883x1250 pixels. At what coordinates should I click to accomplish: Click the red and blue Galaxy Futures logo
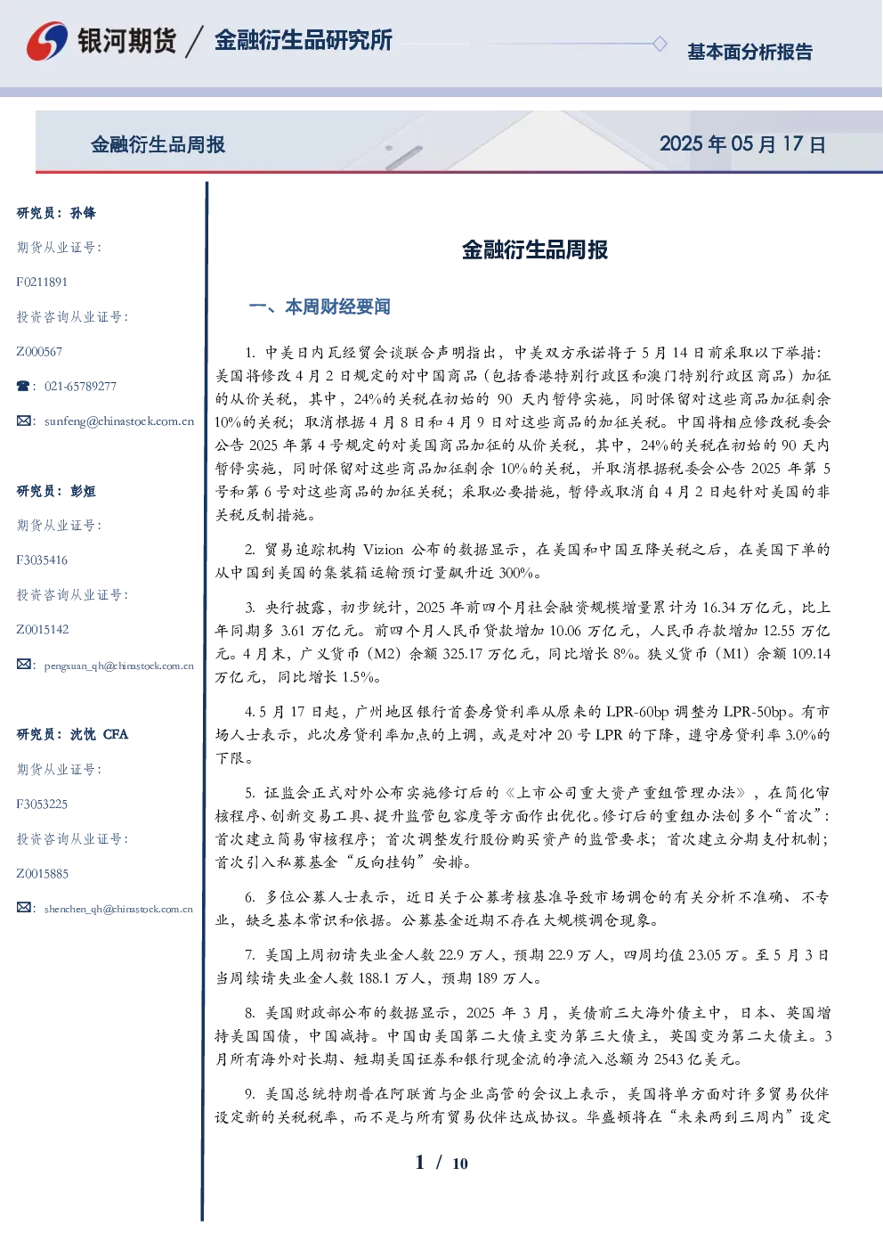click(47, 41)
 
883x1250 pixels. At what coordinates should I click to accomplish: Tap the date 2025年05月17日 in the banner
click(742, 144)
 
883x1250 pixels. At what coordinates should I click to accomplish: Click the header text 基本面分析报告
click(749, 52)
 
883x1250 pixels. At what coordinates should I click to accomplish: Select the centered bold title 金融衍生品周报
click(535, 249)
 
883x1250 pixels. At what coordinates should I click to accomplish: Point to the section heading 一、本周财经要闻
click(320, 306)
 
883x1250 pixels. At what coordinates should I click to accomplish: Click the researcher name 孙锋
click(83, 213)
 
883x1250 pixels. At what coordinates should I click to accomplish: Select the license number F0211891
click(42, 282)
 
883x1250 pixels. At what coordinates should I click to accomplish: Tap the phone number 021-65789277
click(80, 386)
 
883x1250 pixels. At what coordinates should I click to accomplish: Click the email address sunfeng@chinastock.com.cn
click(119, 421)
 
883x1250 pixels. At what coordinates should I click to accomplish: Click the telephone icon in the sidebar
click(23, 386)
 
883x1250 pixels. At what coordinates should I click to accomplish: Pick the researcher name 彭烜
click(83, 491)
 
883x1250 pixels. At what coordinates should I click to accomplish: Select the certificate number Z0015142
click(43, 630)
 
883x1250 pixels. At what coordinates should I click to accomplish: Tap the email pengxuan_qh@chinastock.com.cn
click(118, 666)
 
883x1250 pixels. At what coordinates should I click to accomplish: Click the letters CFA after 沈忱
click(116, 734)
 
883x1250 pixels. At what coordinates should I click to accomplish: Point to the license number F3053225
click(42, 805)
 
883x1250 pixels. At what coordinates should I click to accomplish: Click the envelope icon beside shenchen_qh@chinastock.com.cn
click(23, 907)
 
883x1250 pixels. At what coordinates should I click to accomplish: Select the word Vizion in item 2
click(383, 550)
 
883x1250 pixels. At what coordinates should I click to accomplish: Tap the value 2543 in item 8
click(670, 1059)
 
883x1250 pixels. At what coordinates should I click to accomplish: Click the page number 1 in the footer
click(420, 1163)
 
